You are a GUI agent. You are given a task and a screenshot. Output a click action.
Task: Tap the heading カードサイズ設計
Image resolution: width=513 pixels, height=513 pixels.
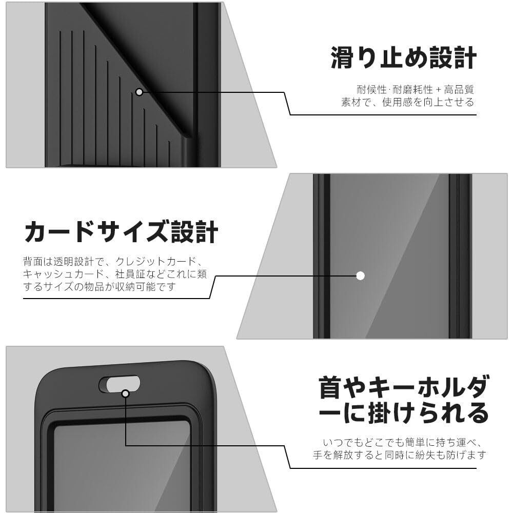[x=121, y=231]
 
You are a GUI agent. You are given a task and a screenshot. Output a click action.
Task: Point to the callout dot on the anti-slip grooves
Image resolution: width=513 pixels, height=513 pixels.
[x=139, y=92]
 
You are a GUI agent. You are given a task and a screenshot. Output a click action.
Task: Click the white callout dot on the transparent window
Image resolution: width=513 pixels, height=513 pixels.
[x=360, y=275]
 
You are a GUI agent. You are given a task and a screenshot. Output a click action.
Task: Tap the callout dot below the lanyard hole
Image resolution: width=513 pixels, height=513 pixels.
[x=125, y=393]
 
